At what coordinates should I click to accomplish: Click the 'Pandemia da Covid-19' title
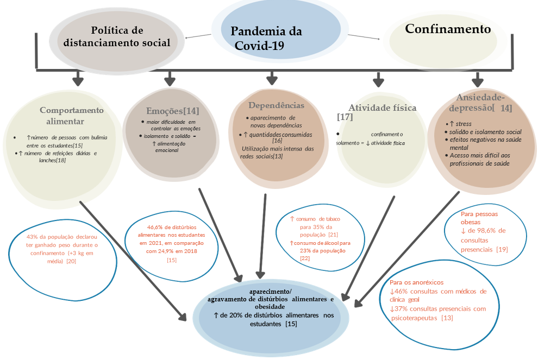coord(266,39)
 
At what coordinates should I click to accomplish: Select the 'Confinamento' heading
coord(448,29)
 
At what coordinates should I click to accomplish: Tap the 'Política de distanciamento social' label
coord(117,36)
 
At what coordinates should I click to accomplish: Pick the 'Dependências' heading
coord(276,105)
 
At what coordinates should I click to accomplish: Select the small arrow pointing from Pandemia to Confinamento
coord(364,37)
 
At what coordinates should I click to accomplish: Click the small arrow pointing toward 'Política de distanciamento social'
coord(198,36)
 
